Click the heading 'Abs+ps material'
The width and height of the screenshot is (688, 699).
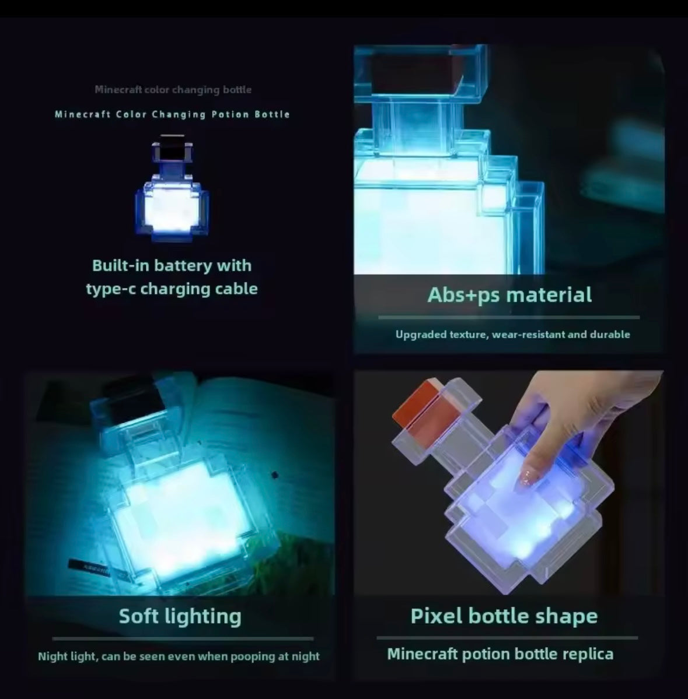click(x=509, y=295)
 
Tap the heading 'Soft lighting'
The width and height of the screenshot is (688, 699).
click(x=180, y=616)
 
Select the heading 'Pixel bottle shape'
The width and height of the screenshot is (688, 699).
click(x=504, y=616)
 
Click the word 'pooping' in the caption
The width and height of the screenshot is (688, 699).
click(x=253, y=656)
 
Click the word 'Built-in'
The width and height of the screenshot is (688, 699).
click(x=120, y=266)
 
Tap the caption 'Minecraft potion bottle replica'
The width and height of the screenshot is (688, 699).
click(x=500, y=654)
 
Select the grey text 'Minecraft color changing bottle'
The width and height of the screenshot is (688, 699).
click(x=173, y=90)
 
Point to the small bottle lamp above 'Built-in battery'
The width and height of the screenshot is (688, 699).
click(x=172, y=192)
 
